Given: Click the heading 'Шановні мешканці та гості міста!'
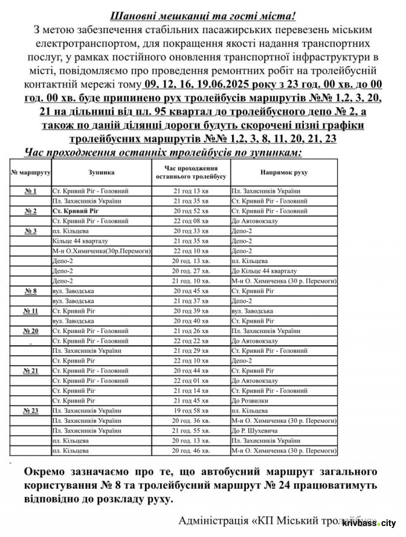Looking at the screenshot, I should [203, 15].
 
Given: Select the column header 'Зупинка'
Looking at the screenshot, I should [100, 172].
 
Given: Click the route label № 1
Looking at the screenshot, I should [30, 191].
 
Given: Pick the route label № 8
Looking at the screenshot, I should [30, 291].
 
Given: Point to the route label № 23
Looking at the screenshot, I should [30, 410].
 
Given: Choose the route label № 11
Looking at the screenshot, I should [30, 311].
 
